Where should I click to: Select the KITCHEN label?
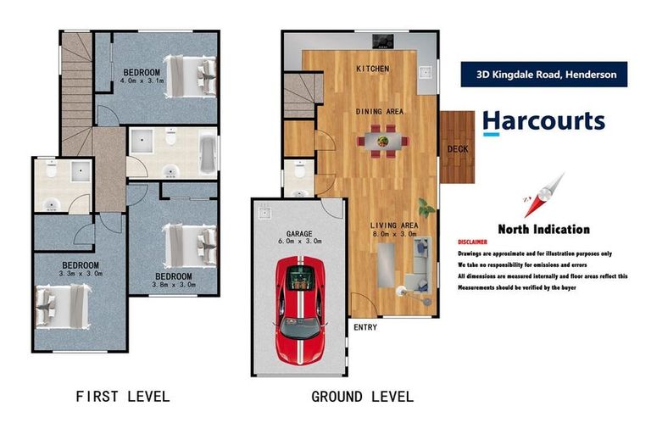coord(372,68)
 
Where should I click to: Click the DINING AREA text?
coord(379,111)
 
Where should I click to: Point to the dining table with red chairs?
coord(382,141)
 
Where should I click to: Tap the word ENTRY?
coord(364,327)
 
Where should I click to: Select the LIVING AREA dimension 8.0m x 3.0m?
coord(394,234)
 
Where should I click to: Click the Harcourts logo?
coord(543,121)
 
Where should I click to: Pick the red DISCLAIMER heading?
coord(472,242)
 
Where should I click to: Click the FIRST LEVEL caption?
coord(123,396)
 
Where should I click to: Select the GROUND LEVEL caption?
coord(362,396)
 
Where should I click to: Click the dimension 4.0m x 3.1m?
coord(142,81)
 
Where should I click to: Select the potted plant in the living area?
coord(426,207)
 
